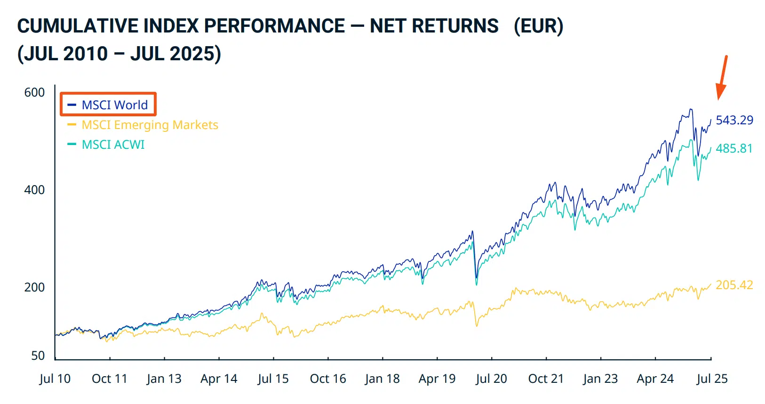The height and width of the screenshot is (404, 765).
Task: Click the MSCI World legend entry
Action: [108, 105]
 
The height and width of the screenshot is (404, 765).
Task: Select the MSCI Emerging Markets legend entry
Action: [143, 125]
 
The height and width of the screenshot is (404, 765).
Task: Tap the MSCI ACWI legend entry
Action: [106, 145]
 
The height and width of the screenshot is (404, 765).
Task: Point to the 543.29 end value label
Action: [734, 120]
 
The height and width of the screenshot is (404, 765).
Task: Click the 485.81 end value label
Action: [734, 148]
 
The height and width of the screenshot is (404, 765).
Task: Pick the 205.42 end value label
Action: [734, 285]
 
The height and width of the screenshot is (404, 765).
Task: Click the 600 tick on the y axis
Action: [34, 92]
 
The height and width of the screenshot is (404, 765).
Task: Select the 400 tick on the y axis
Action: [34, 190]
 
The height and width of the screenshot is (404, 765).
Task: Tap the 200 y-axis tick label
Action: [34, 287]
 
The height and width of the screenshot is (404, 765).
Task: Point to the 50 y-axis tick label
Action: [38, 356]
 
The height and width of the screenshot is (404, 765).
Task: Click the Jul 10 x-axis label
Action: [55, 379]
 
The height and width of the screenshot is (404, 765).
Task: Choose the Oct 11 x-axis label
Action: [110, 379]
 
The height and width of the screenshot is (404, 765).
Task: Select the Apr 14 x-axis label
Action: [219, 379]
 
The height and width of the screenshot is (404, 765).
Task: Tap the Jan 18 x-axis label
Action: [382, 379]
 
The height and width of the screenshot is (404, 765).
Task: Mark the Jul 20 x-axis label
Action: [492, 379]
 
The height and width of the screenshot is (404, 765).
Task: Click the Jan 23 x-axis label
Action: [600, 379]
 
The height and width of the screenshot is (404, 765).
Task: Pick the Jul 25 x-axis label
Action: [712, 379]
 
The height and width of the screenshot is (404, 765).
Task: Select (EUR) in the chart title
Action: [539, 26]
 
